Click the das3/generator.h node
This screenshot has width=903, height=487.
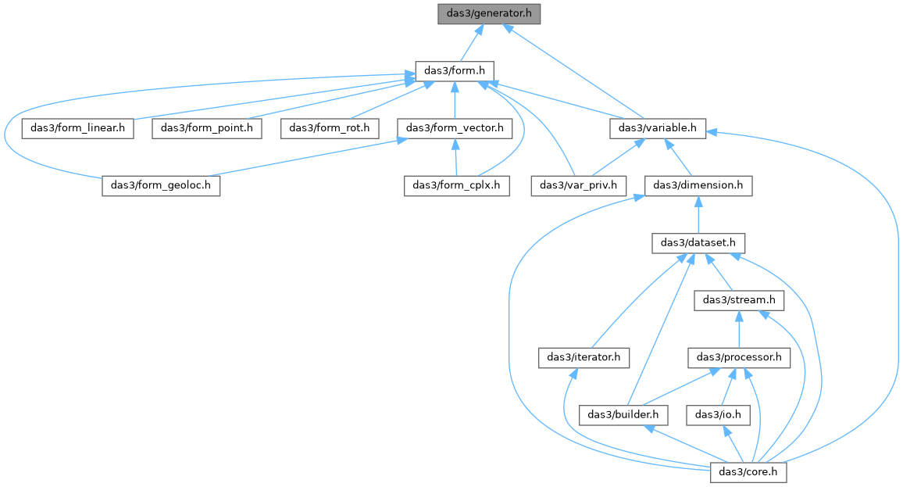pyautogui.click(x=489, y=13)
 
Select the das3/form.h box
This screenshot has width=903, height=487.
pyautogui.click(x=455, y=71)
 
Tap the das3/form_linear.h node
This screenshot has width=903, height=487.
pyautogui.click(x=78, y=128)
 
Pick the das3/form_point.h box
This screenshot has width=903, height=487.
pyautogui.click(x=207, y=128)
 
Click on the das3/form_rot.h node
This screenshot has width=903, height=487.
pyautogui.click(x=330, y=128)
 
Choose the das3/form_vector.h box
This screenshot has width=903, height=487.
pyautogui.click(x=455, y=128)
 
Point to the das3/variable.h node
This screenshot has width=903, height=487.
pyautogui.click(x=658, y=128)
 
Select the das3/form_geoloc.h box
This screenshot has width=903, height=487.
pyautogui.click(x=161, y=185)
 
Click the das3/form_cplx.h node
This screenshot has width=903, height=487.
pyautogui.click(x=457, y=185)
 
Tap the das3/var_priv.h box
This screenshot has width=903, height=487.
pyautogui.click(x=578, y=185)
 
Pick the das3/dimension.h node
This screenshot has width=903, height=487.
pyautogui.click(x=698, y=185)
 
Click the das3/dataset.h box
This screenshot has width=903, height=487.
pyautogui.click(x=698, y=242)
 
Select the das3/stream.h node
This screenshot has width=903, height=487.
pyautogui.click(x=739, y=300)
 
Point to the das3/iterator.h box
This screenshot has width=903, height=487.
pyautogui.click(x=584, y=357)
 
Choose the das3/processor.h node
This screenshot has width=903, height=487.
pyautogui.click(x=739, y=357)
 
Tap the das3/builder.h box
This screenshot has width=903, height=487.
pyautogui.click(x=623, y=415)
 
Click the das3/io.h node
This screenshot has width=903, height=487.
pyautogui.click(x=718, y=415)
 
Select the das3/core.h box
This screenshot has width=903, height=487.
pyautogui.click(x=748, y=472)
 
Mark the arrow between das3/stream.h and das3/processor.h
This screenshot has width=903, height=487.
pyautogui.click(x=739, y=329)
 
